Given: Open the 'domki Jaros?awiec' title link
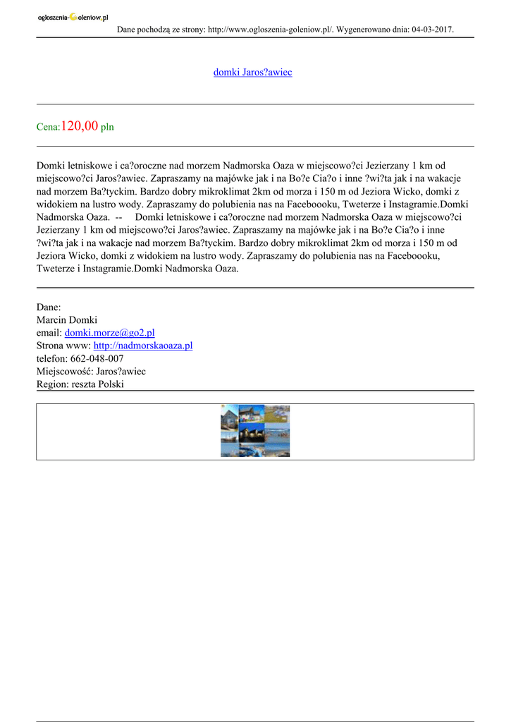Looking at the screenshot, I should coord(252,73).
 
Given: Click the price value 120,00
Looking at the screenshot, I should coord(80,126).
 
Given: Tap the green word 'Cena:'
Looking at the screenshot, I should coord(49,128).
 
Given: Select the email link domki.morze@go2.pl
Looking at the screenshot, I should coord(109,333).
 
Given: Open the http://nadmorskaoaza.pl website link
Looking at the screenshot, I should coord(142,345).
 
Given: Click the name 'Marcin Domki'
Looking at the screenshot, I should coord(67,320).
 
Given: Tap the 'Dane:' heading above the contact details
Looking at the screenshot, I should coord(49,307).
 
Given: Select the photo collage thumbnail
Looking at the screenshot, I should coord(255,431).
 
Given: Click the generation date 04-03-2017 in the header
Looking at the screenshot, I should coord(431,30).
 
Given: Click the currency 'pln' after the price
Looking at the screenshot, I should coord(107,128).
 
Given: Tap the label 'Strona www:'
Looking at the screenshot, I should coord(63,345).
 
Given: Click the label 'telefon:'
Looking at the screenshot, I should coord(52,358).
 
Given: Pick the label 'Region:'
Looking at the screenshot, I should coord(52,384).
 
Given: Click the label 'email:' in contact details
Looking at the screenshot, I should coord(49,333).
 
